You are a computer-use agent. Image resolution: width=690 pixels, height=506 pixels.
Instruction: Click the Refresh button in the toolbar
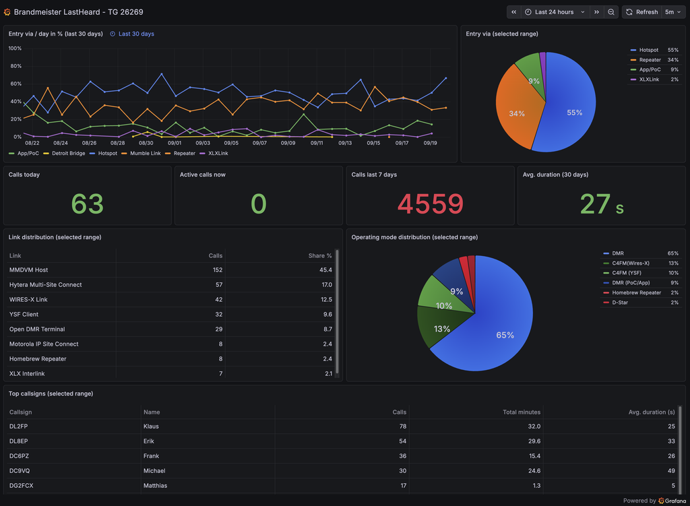click(641, 12)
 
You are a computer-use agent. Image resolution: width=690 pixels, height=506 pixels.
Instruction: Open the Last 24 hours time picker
click(555, 12)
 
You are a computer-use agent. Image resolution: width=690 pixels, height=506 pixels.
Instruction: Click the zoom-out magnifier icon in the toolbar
click(611, 12)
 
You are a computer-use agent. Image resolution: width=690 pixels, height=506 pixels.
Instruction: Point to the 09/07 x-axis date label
click(259, 143)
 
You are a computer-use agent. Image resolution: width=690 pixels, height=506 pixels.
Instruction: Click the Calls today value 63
click(87, 203)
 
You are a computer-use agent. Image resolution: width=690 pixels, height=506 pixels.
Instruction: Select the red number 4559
click(431, 203)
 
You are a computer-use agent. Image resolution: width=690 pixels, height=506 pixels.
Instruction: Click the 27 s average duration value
click(602, 204)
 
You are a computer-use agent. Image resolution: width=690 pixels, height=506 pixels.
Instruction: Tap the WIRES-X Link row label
click(28, 300)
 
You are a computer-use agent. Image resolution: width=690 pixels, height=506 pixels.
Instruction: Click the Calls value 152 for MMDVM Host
click(218, 270)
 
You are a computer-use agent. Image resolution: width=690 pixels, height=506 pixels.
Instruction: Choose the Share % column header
click(320, 255)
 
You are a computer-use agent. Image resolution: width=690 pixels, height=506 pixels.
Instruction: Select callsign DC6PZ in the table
click(19, 456)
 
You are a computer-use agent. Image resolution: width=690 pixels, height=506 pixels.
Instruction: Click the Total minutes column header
click(522, 412)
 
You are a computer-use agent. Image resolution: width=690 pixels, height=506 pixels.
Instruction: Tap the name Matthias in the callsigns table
click(155, 486)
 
